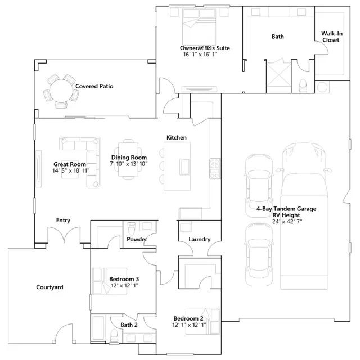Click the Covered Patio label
pos(94,86)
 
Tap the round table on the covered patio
pos(61,91)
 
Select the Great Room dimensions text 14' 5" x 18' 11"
pos(71,170)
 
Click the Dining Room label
pos(129,157)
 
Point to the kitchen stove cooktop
pos(215,169)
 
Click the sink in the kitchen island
pos(185,166)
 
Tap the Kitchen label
pos(176,137)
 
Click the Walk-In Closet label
pos(332,37)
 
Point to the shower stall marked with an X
pos(278,74)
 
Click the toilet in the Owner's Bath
pos(303,85)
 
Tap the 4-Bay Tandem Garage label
pos(286,209)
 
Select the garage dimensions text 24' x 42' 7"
pos(287,222)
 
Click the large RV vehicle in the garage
pos(304,216)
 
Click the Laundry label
pos(200,240)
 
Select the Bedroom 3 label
pos(124,279)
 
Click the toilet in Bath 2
pos(114,336)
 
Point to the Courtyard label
pos(49,287)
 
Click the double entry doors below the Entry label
pos(64,235)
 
